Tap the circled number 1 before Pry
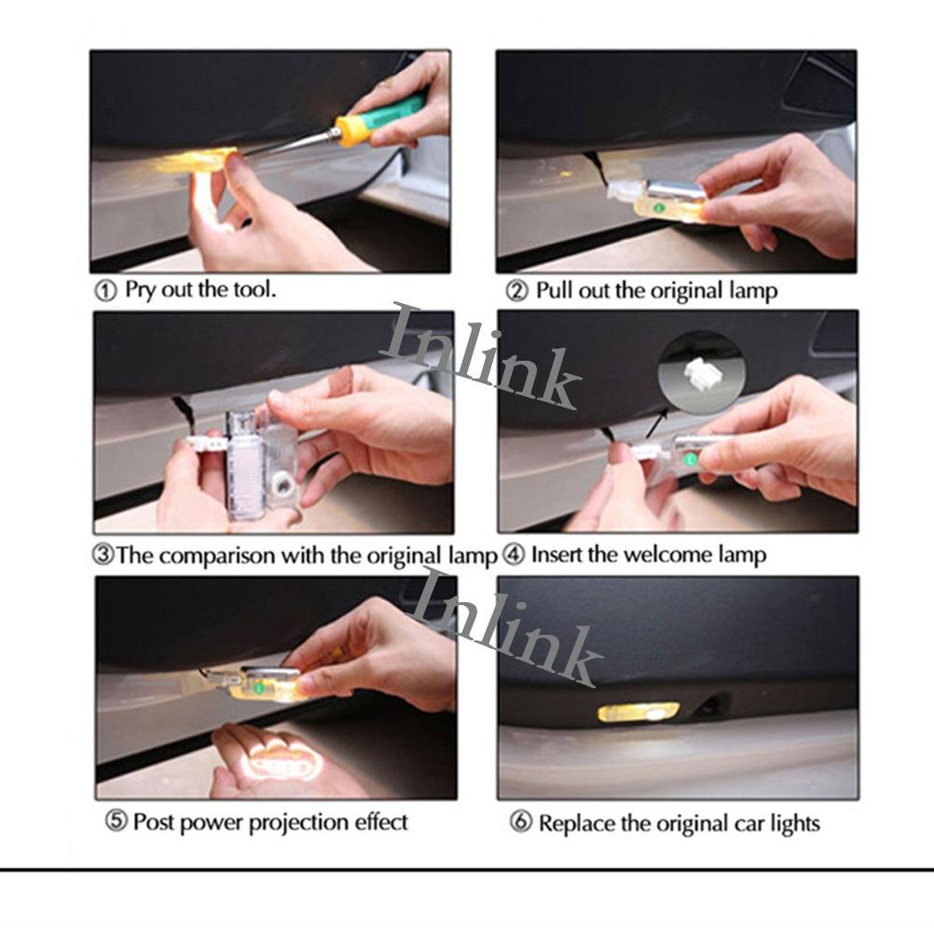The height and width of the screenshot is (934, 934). [x=106, y=291]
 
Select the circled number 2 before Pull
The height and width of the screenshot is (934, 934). [x=517, y=291]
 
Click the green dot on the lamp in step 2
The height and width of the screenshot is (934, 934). [x=659, y=208]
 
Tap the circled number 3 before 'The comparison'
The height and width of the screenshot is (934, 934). [x=103, y=556]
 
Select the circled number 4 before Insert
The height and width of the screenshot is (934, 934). [x=514, y=556]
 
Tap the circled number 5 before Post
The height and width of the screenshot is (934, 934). [x=117, y=821]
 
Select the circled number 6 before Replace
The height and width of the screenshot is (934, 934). [x=521, y=823]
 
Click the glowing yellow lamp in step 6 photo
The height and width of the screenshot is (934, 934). [x=638, y=712]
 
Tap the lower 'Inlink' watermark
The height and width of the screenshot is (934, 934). [x=507, y=626]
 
